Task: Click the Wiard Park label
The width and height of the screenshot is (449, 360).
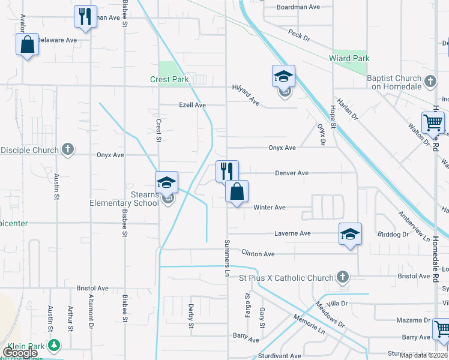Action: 349,59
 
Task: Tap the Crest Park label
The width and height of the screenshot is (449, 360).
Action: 169,80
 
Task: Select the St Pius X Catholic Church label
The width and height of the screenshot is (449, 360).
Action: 286,278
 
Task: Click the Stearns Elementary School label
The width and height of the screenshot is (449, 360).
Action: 124,199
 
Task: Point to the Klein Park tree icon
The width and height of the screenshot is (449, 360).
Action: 54,346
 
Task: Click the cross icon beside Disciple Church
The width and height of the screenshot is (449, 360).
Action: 68,150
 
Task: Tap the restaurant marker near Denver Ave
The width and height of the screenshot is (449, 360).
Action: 227,170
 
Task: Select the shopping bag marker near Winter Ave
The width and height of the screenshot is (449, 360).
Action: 237,191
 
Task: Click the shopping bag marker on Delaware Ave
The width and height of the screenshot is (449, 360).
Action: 27,44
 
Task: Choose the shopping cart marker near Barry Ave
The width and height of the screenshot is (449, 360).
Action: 441,329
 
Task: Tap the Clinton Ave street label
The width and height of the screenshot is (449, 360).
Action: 258,254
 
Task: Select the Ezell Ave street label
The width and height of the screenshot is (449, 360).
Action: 192,105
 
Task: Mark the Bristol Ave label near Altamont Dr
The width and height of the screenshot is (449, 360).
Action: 92,288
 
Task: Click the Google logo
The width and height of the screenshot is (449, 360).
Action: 20,353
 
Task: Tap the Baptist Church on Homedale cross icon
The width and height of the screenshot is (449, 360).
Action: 430,81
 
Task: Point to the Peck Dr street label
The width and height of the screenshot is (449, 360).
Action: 298,35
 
